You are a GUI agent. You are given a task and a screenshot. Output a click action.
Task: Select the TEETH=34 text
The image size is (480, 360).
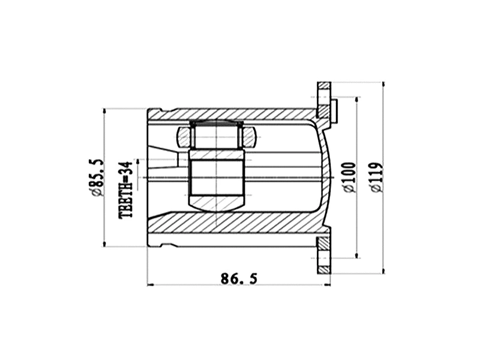(125, 189)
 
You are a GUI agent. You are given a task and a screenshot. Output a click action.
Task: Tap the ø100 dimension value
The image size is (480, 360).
(351, 177)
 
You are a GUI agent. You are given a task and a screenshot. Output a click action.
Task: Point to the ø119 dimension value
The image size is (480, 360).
(377, 177)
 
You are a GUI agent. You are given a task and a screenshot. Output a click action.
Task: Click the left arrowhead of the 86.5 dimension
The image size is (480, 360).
(150, 284)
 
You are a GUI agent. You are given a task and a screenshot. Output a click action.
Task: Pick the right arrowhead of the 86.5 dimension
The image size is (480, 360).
(327, 284)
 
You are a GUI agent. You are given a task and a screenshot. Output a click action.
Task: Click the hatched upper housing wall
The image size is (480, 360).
(240, 114)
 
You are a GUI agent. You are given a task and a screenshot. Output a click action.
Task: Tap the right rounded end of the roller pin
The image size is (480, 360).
(250, 137)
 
